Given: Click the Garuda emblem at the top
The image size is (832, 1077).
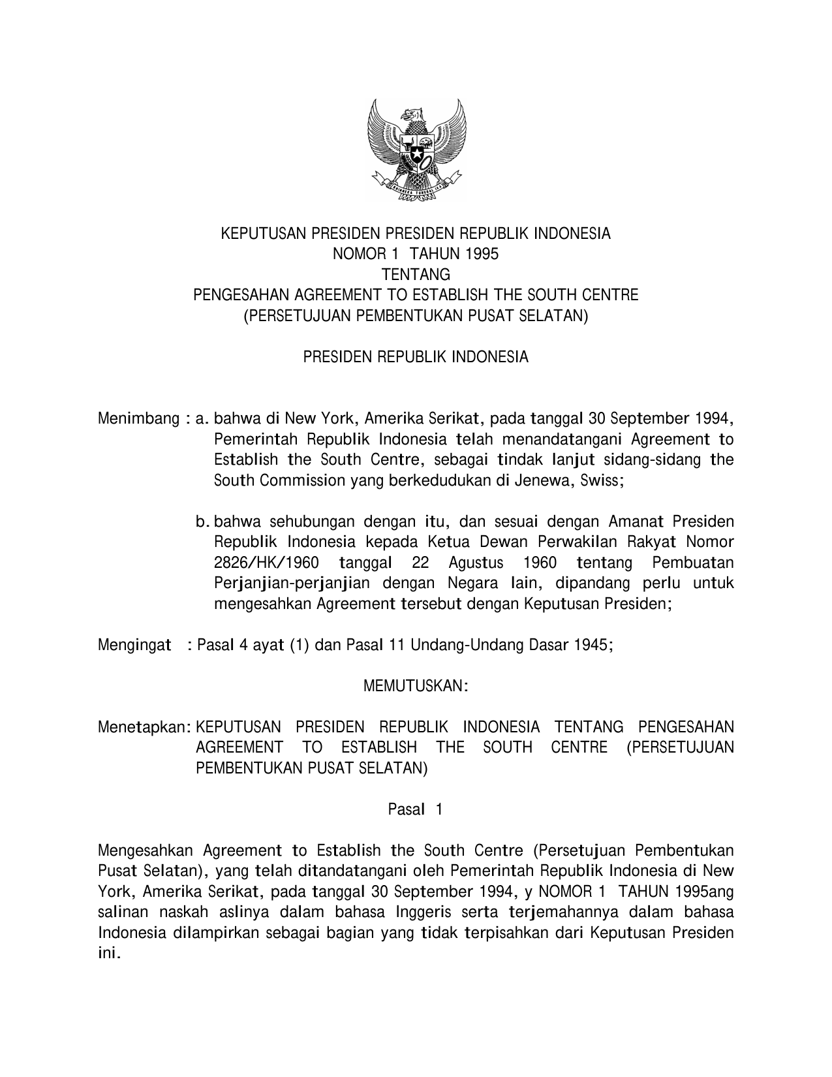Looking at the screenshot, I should [x=416, y=151].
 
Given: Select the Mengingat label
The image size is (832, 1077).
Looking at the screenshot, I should [x=134, y=646].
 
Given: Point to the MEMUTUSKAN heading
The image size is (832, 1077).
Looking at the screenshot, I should [x=415, y=687].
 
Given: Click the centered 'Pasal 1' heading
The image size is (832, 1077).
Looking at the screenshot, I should [x=416, y=809].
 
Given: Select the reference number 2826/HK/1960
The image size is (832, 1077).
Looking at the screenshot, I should [x=266, y=563].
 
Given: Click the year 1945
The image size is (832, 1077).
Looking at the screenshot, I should [x=593, y=646].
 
